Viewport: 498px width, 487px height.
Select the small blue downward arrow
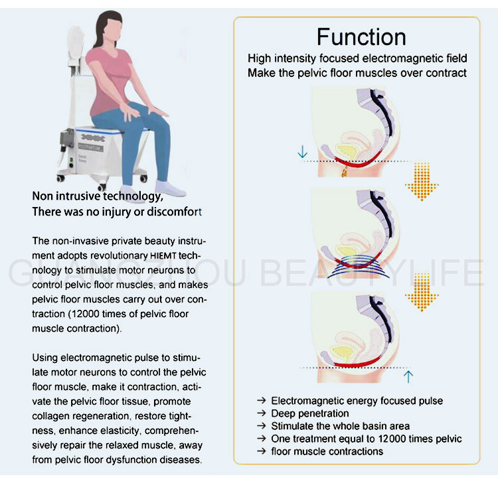click(x=303, y=153)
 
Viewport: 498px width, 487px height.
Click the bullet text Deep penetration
click(x=309, y=413)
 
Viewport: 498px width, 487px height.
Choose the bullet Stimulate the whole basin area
click(x=340, y=426)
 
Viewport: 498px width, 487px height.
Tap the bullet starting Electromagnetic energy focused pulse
click(x=357, y=401)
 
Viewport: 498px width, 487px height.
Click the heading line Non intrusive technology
click(x=98, y=197)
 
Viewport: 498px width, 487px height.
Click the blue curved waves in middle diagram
click(x=359, y=265)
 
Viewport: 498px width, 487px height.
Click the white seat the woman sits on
click(x=100, y=133)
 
